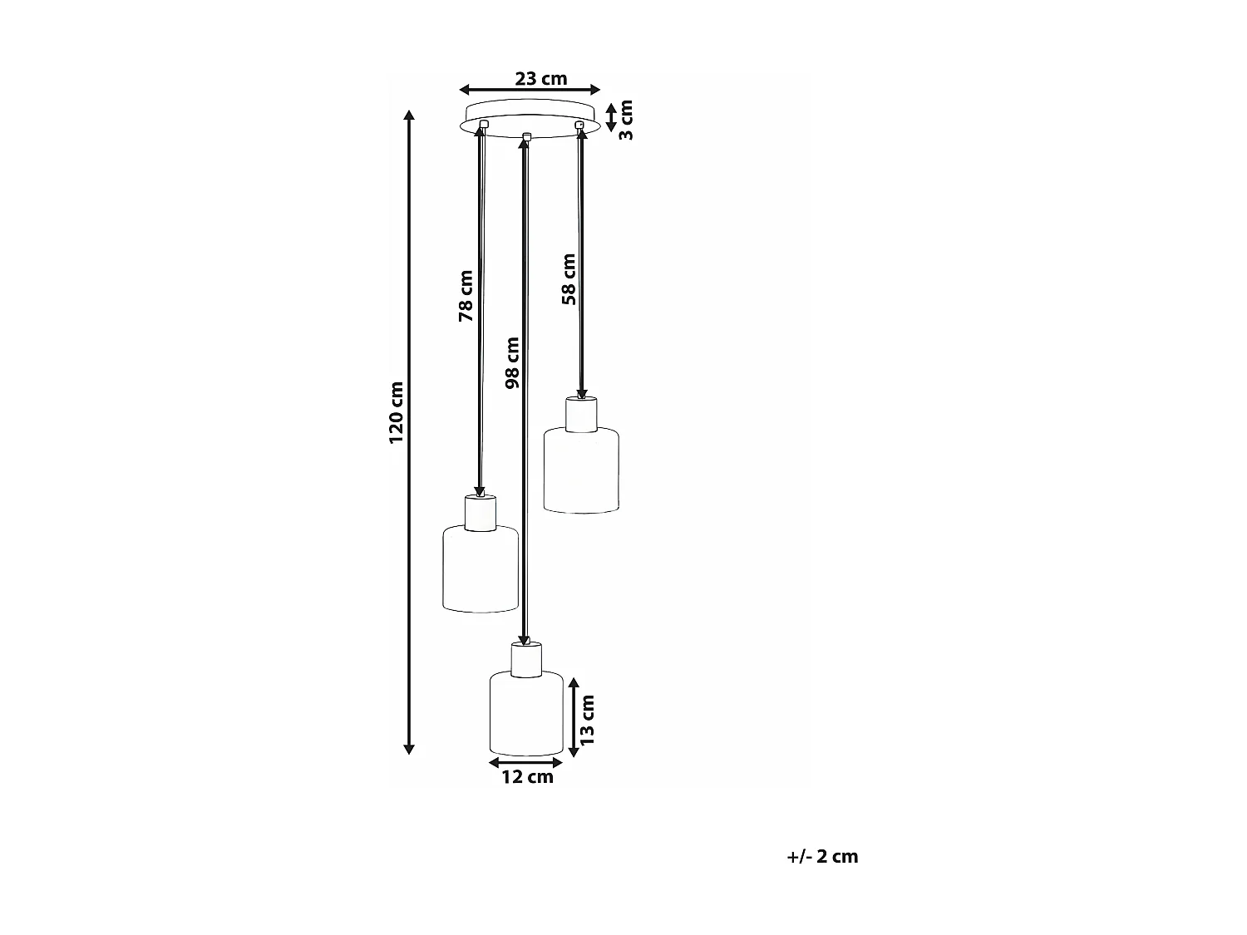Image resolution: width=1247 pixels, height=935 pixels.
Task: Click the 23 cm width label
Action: tap(540, 79)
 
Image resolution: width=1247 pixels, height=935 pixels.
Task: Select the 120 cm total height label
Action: tap(397, 412)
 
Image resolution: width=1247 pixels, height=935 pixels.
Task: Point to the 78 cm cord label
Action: tap(466, 296)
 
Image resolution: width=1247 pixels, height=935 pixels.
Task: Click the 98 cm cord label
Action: tap(512, 362)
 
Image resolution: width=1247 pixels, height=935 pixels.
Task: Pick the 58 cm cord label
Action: tap(569, 279)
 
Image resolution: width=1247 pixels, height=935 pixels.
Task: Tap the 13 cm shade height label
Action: tap(588, 718)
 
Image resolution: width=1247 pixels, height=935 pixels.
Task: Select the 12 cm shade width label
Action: tap(527, 777)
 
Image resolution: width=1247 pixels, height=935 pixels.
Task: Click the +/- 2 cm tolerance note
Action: tap(822, 856)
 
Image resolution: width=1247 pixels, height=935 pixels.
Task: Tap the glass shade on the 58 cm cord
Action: tap(581, 470)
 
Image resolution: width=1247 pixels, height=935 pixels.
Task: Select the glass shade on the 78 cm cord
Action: tap(481, 569)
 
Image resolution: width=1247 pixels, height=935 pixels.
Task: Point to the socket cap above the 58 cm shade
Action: tap(582, 415)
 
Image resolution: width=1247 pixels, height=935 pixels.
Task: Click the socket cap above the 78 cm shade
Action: tap(481, 513)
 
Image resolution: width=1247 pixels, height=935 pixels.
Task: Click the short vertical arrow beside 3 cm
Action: tap(611, 116)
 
